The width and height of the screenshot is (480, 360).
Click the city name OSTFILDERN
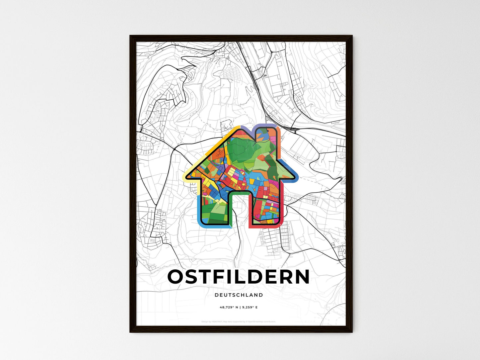point(239,277)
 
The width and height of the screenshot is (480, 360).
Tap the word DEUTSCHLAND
point(239,295)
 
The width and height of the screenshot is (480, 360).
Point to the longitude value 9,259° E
point(249,308)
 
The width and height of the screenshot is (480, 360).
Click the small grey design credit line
point(239,321)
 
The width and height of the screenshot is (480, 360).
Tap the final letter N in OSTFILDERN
point(302,277)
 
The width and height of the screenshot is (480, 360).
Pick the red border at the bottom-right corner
point(279,225)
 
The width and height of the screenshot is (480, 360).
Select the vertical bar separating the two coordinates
point(239,308)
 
